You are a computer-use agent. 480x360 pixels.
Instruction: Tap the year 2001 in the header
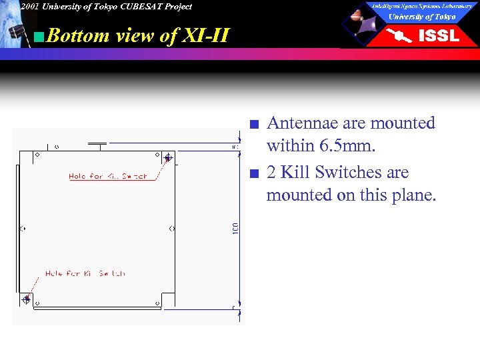(29, 7)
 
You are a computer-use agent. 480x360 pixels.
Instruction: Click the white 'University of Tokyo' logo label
(422, 17)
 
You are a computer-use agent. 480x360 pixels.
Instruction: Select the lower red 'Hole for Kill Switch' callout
(85, 273)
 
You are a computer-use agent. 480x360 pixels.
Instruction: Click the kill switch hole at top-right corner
(168, 158)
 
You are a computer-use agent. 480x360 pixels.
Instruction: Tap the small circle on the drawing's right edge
(173, 229)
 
